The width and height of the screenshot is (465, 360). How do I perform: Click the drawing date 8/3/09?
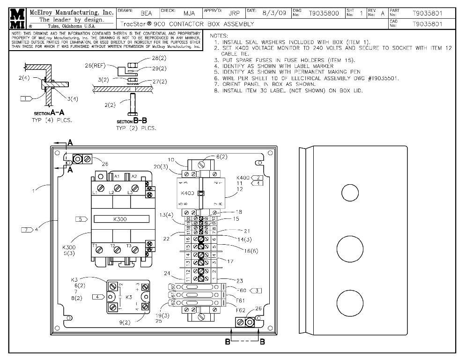(273, 14)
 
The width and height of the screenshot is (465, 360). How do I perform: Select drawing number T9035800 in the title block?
(324, 14)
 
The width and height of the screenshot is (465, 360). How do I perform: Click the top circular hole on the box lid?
(349, 193)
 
